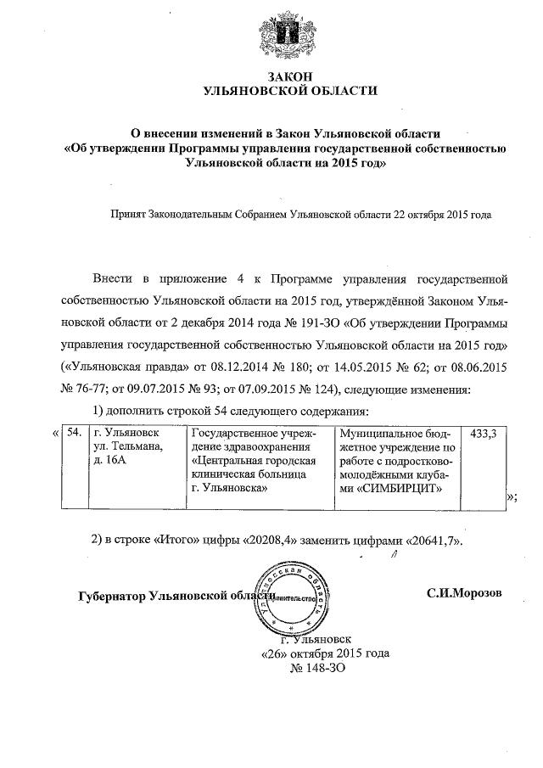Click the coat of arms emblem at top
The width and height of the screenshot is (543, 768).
click(271, 36)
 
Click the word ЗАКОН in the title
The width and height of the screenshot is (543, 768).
click(271, 77)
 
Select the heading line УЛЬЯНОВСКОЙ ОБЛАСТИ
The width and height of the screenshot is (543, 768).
click(271, 91)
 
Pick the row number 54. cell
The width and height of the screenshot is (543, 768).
click(75, 434)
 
